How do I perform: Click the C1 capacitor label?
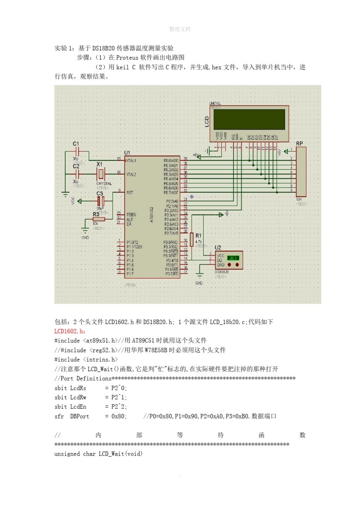tap(76, 144)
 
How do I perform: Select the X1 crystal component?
tap(100, 174)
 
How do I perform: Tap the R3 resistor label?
tap(96, 214)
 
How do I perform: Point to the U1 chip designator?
tap(127, 153)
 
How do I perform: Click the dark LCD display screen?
tap(249, 120)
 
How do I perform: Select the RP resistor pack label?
tap(299, 144)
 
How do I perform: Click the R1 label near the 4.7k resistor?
tap(199, 236)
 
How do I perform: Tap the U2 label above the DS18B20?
tap(218, 247)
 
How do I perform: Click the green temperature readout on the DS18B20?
tap(233, 258)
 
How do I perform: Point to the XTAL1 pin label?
tap(131, 161)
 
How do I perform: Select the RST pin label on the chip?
tap(130, 193)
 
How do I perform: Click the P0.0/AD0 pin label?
tap(171, 161)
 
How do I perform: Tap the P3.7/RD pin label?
tap(172, 273)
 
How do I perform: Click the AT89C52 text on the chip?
tap(152, 214)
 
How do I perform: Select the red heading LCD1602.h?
tap(70, 331)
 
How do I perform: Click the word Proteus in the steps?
tap(127, 58)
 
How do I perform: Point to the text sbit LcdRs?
tap(70, 388)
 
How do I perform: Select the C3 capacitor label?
tap(99, 194)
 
